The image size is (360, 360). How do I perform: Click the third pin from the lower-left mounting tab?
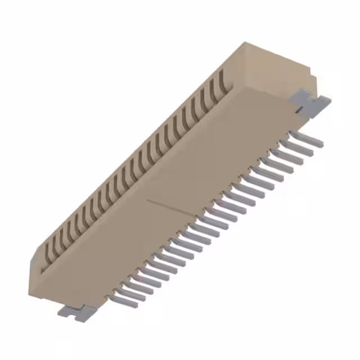pyautogui.click(x=138, y=286)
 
